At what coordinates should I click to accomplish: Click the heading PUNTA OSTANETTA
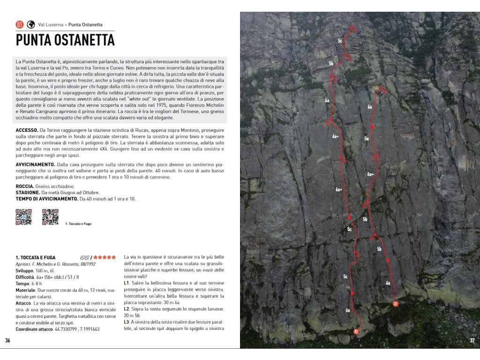[65, 40]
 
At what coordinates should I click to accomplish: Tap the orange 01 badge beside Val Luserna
[20, 24]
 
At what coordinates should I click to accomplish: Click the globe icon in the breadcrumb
[31, 24]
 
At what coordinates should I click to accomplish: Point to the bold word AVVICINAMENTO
[35, 165]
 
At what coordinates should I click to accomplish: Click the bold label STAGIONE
[27, 193]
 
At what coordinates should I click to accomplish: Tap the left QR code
[23, 217]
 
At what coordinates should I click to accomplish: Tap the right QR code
[50, 217]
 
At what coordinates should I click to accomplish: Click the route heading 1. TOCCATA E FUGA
[36, 257]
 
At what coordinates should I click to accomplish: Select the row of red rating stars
[105, 257]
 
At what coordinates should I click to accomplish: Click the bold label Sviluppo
[25, 270]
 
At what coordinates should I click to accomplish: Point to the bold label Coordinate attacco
[34, 329]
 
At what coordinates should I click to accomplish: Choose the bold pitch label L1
[127, 283]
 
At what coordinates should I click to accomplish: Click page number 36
[7, 340]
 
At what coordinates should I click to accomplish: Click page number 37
[472, 340]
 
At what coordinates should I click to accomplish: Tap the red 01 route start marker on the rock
[396, 304]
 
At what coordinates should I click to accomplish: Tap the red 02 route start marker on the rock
[356, 331]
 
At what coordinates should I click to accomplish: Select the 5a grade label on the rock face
[367, 139]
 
